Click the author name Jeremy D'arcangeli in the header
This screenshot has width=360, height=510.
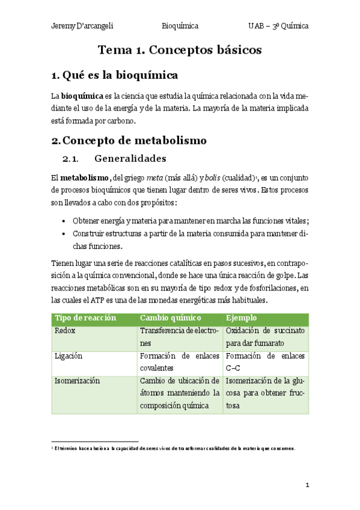(82, 26)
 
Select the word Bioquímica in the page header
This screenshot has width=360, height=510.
(180, 26)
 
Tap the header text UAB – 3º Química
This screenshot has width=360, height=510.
(278, 26)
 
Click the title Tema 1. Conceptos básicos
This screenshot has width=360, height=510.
(180, 51)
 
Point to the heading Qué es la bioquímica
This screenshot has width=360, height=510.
(120, 76)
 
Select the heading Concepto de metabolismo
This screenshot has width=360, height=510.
(134, 141)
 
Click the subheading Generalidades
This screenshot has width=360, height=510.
(130, 159)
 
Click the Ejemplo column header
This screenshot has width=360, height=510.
(242, 318)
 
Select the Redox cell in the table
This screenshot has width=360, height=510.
(65, 331)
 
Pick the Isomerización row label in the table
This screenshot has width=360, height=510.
(77, 381)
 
